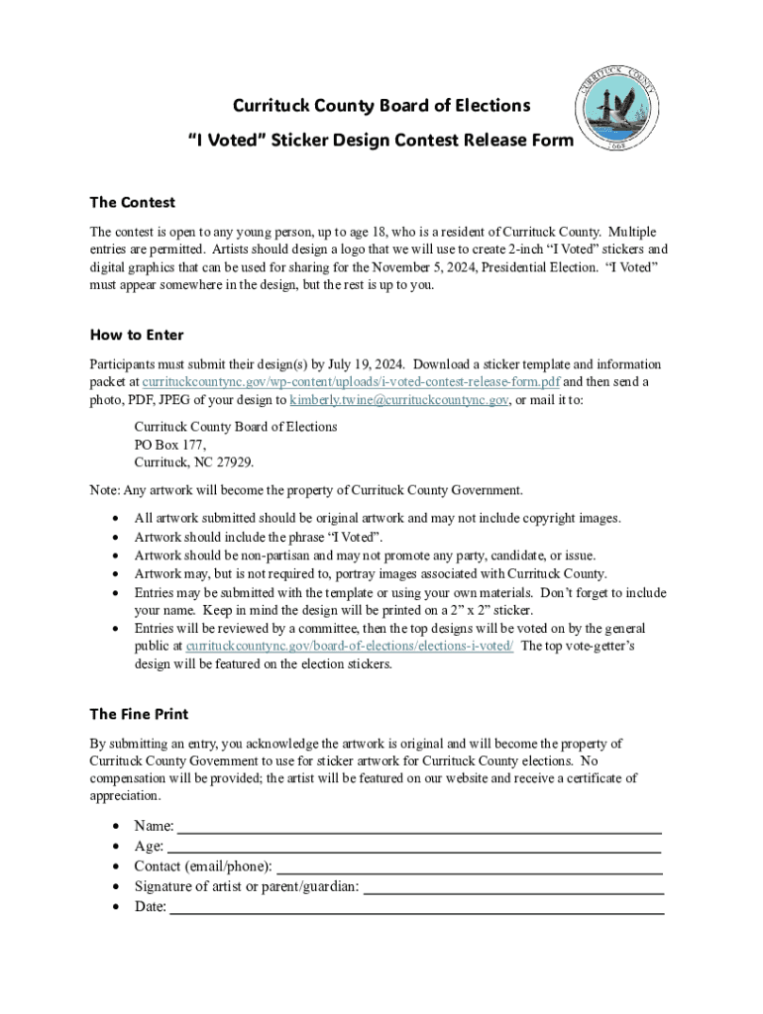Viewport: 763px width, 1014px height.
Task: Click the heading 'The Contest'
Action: pyautogui.click(x=132, y=203)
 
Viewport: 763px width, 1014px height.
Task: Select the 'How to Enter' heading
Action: pyautogui.click(x=136, y=335)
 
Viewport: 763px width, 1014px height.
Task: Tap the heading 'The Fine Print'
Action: pyautogui.click(x=139, y=714)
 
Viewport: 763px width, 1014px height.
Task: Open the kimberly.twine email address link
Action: pyautogui.click(x=399, y=400)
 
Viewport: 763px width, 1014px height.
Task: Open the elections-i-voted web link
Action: pyautogui.click(x=349, y=646)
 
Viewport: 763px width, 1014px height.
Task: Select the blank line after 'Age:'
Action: pyautogui.click(x=414, y=848)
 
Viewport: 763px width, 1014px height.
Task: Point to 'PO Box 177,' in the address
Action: pyautogui.click(x=170, y=445)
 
